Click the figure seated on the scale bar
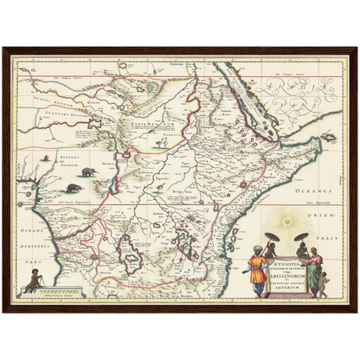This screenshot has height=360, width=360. click(35, 279)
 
